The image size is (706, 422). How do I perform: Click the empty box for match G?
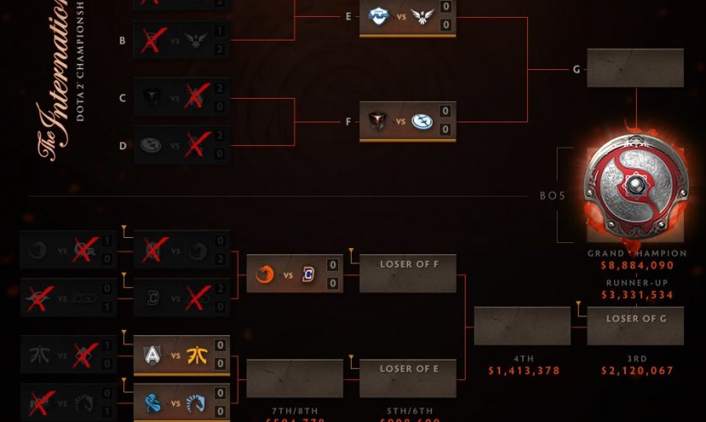pyautogui.click(x=634, y=68)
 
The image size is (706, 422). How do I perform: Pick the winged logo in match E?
pyautogui.click(x=422, y=15)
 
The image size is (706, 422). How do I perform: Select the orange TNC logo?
pyautogui.click(x=266, y=274)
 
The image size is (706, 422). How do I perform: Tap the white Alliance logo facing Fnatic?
pyautogui.click(x=152, y=355)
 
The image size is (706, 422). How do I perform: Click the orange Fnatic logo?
pyautogui.click(x=196, y=355)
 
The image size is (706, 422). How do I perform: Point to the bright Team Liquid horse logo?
pyautogui.click(x=196, y=403)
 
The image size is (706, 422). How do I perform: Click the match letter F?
pyautogui.click(x=348, y=122)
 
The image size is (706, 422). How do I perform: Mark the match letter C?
pyautogui.click(x=122, y=98)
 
